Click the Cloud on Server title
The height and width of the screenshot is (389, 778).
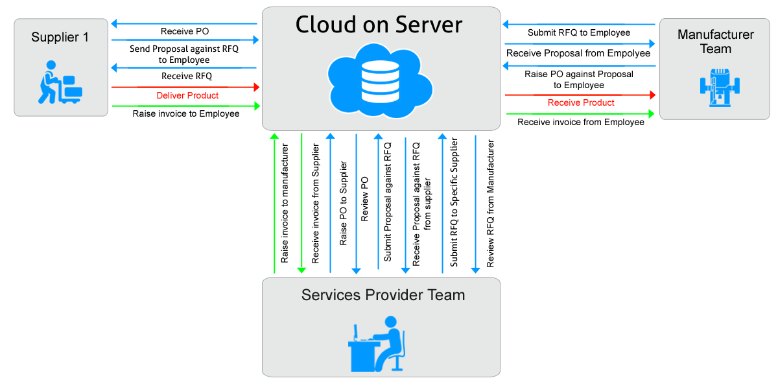click(x=379, y=25)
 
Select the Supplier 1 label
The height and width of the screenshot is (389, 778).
click(x=60, y=38)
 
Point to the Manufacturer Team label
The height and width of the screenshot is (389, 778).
click(x=716, y=41)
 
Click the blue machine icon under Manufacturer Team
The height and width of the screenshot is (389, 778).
click(x=716, y=86)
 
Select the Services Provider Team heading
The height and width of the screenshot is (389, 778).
click(x=383, y=296)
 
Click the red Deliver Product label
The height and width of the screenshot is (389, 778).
click(x=187, y=95)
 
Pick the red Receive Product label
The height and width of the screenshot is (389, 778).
click(x=581, y=102)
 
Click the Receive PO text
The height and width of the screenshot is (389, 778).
click(x=185, y=31)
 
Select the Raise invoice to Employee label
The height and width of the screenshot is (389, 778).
click(x=186, y=114)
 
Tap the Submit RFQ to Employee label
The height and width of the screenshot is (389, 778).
click(x=578, y=32)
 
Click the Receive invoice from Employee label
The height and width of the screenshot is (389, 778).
click(x=581, y=122)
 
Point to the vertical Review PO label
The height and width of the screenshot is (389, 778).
click(x=365, y=199)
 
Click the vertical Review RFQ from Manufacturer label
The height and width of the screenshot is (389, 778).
click(x=491, y=204)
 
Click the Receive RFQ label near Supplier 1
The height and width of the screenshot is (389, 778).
click(x=187, y=77)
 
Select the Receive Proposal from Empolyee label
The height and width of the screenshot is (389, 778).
click(x=578, y=53)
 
